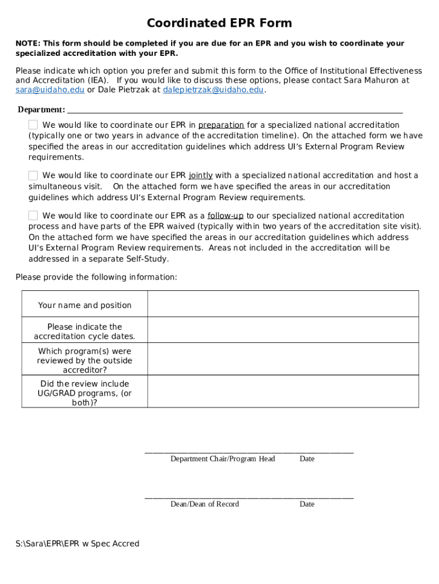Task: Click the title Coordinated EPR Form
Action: pos(219,23)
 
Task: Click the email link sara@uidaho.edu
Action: pos(50,90)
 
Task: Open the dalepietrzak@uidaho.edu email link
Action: pos(213,90)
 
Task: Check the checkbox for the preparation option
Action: pos(34,125)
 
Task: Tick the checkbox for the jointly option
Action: pos(34,176)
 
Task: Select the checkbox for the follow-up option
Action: pos(34,216)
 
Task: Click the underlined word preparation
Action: pos(221,125)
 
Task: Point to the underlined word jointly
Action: pos(201,176)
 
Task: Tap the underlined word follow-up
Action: pos(225,216)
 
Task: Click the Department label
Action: pos(41,109)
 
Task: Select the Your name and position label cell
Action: pos(84,305)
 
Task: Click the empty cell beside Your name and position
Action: pos(283,304)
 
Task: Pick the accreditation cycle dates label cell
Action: pos(84,331)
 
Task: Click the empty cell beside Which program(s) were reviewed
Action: pos(283,360)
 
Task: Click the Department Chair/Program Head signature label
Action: pos(222,459)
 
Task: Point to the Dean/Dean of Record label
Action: pos(205,504)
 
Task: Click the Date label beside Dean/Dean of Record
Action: pos(307,504)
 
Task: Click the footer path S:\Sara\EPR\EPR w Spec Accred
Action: pos(78,544)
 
